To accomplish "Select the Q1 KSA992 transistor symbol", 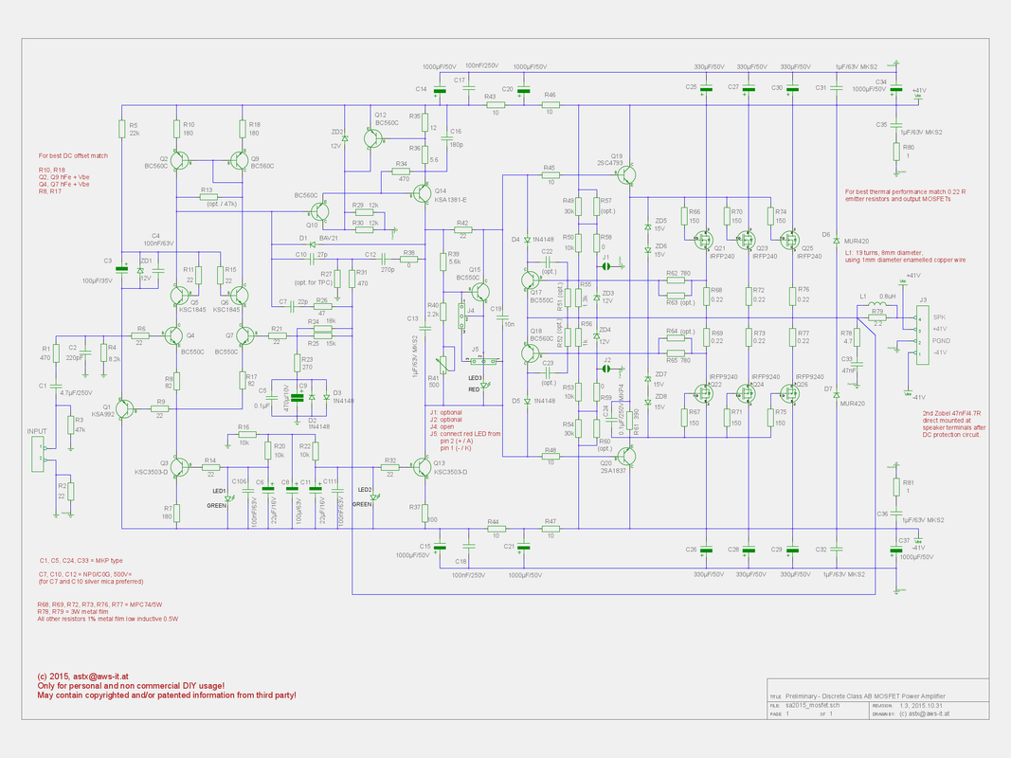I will pyautogui.click(x=124, y=406).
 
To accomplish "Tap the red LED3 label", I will pyautogui.click(x=475, y=388).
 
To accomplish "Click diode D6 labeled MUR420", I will pyautogui.click(x=837, y=237).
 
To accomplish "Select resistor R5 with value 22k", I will pyautogui.click(x=121, y=129).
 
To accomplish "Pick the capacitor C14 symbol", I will pyautogui.click(x=437, y=91).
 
